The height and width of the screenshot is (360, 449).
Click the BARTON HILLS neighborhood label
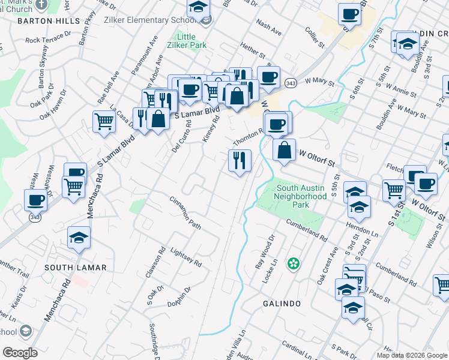coord(49,21)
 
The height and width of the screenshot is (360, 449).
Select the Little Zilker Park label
coord(194,41)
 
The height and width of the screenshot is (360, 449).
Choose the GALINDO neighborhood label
coord(282,304)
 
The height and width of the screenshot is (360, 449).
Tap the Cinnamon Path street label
coord(185,213)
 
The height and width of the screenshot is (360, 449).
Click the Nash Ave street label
coord(268,28)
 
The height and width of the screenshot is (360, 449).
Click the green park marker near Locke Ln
coord(294,263)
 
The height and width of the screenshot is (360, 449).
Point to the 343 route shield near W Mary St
coord(291,82)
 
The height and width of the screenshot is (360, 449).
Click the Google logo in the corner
coord(20,353)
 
